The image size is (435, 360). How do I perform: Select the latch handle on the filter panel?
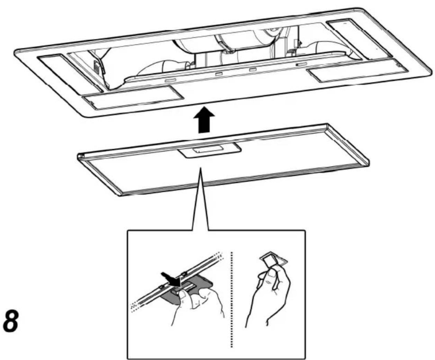[x=209, y=150]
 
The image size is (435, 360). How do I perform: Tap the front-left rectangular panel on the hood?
[x=133, y=98]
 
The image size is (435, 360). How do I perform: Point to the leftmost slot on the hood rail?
[x=170, y=80]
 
